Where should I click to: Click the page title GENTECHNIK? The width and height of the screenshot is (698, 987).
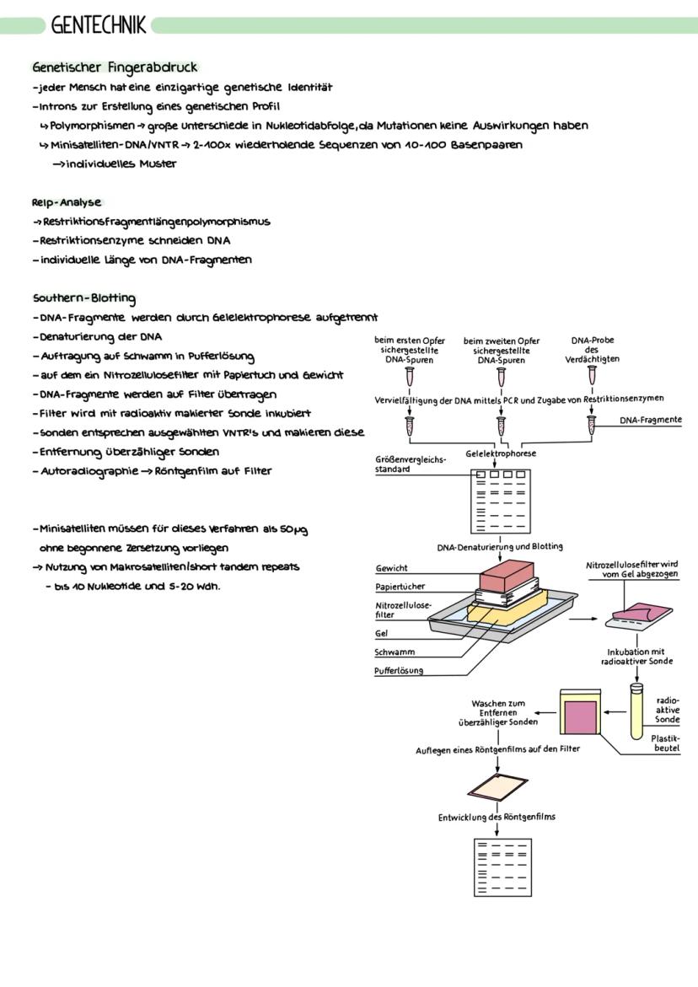point(98,25)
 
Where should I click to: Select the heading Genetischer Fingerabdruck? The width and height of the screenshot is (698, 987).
point(115,67)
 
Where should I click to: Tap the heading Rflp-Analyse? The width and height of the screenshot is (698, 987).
point(67,202)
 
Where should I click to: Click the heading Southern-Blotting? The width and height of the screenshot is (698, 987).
point(84,298)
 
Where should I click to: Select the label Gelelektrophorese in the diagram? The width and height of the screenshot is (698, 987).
point(501,453)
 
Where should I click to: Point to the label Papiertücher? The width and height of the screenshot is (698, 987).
point(400,587)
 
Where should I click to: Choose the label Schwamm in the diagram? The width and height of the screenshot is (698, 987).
point(395,652)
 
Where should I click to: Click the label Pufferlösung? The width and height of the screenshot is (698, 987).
point(400,671)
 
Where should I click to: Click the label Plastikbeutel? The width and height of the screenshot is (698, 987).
point(665,743)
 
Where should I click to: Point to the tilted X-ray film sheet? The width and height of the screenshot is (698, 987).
point(498,787)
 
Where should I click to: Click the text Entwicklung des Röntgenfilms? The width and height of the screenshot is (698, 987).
point(497,817)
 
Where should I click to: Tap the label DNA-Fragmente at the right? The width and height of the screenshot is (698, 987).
point(651,419)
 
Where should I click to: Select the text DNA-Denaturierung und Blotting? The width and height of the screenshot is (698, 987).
point(500,547)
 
